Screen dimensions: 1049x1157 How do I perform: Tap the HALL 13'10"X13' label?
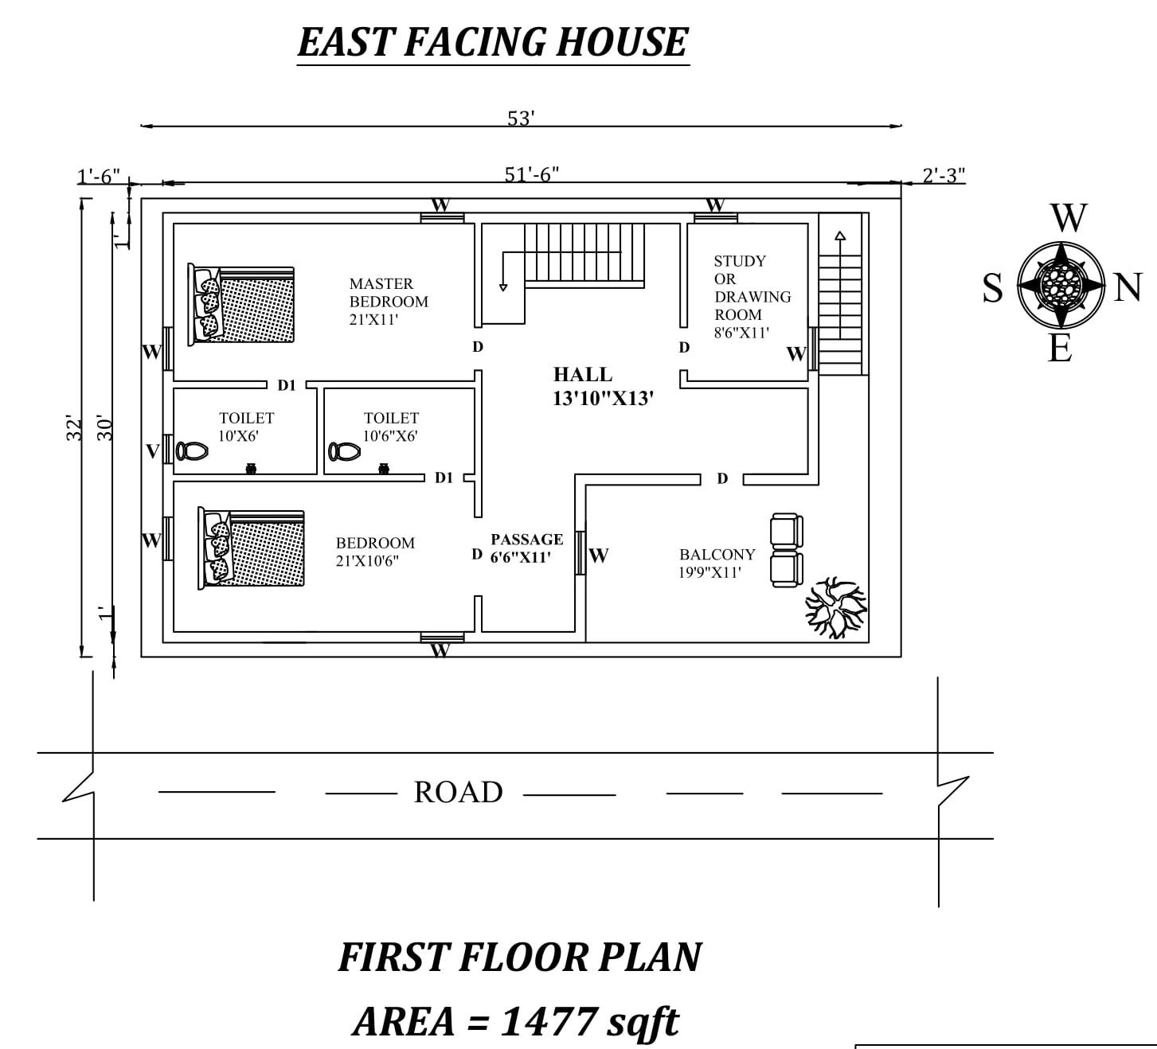(603, 386)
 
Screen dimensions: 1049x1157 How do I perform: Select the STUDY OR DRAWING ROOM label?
(752, 296)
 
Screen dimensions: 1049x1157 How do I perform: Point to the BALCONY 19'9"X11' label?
(717, 563)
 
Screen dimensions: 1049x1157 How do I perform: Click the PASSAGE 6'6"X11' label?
(526, 548)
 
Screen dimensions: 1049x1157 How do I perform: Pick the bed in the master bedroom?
(241, 306)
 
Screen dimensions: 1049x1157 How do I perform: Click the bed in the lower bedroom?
(251, 549)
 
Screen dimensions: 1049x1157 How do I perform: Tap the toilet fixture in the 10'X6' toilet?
(192, 451)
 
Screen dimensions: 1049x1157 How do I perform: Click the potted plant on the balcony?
(835, 607)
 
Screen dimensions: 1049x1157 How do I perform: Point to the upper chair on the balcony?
(787, 532)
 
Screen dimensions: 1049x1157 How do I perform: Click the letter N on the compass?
(1128, 287)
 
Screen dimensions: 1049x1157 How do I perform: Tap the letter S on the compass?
(992, 287)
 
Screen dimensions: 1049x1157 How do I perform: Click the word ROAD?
(458, 792)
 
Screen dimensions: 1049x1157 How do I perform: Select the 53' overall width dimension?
(521, 118)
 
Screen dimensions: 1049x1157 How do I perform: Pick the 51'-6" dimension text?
(532, 174)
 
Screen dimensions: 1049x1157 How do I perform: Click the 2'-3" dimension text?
(944, 175)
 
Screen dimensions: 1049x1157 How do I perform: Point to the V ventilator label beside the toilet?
(152, 452)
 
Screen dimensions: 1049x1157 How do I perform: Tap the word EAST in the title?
(346, 42)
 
